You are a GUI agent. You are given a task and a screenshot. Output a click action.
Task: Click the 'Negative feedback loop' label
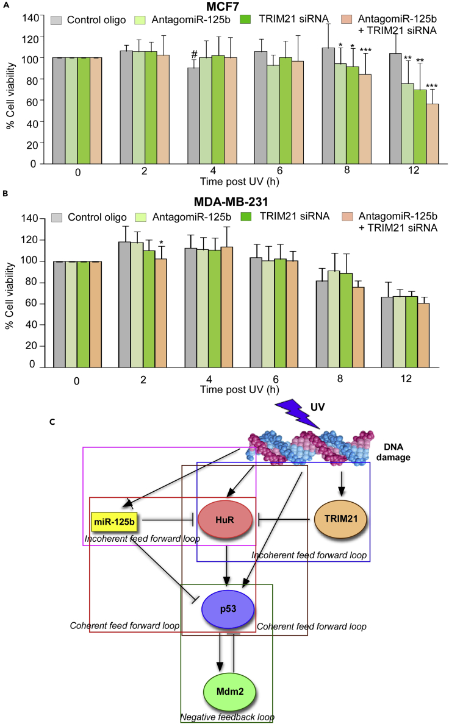tap(220, 718)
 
